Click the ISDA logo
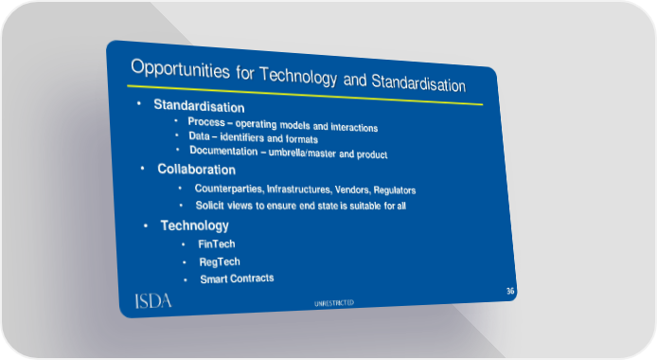tap(153, 301)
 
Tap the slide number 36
tap(510, 291)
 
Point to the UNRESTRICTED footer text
tap(334, 303)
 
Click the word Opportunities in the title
tap(180, 69)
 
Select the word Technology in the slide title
tap(298, 76)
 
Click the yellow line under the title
tap(305, 95)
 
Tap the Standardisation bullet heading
tap(199, 105)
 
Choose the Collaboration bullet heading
tap(197, 170)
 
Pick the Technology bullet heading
tap(195, 225)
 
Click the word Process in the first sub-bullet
tap(206, 122)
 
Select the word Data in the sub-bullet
tap(199, 136)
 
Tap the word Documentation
tap(223, 151)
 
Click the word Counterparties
tap(229, 189)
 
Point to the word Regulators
tap(395, 190)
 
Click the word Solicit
tap(209, 206)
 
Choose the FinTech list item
tap(217, 243)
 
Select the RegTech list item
tap(220, 261)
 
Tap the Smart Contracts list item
tap(237, 279)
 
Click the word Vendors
tap(352, 189)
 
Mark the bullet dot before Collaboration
tap(142, 169)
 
